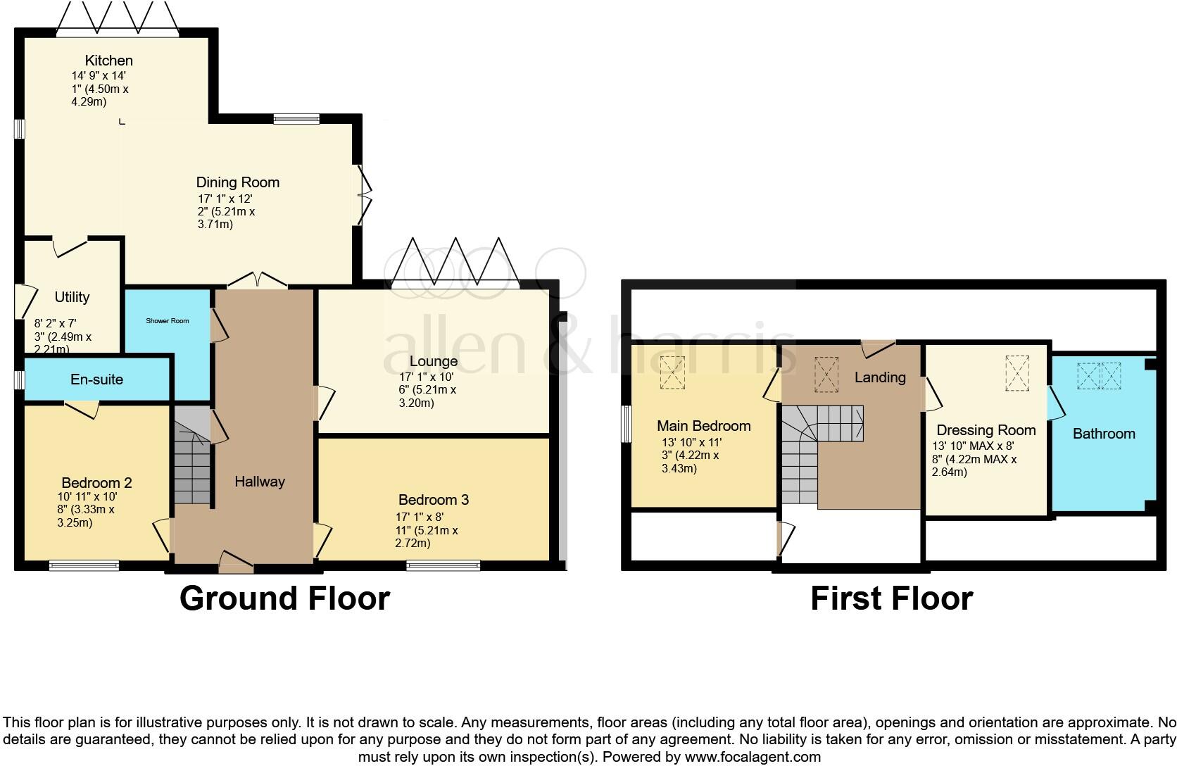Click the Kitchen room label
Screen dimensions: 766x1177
pyautogui.click(x=108, y=61)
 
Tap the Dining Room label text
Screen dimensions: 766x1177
pyautogui.click(x=237, y=182)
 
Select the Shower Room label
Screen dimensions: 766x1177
pyautogui.click(x=168, y=321)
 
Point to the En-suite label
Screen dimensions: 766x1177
pyautogui.click(x=96, y=379)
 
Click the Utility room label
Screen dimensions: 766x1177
pyautogui.click(x=72, y=297)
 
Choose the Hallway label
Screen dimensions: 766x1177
pyautogui.click(x=259, y=482)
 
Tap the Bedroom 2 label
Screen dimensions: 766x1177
pyautogui.click(x=96, y=483)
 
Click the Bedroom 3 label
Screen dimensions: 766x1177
pyautogui.click(x=433, y=500)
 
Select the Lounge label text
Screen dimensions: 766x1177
pyautogui.click(x=434, y=361)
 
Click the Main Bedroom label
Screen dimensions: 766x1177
pyautogui.click(x=703, y=426)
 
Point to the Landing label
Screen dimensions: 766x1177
pyautogui.click(x=879, y=377)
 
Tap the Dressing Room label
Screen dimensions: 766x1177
pyautogui.click(x=986, y=430)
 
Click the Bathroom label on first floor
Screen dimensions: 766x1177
pyautogui.click(x=1103, y=434)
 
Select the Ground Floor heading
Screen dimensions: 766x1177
pyautogui.click(x=284, y=598)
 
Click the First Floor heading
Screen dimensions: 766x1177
pyautogui.click(x=891, y=598)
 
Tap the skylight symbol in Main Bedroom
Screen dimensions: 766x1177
pyautogui.click(x=672, y=372)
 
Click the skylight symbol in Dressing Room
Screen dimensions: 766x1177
pyautogui.click(x=1016, y=372)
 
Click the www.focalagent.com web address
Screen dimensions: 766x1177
pyautogui.click(x=752, y=758)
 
